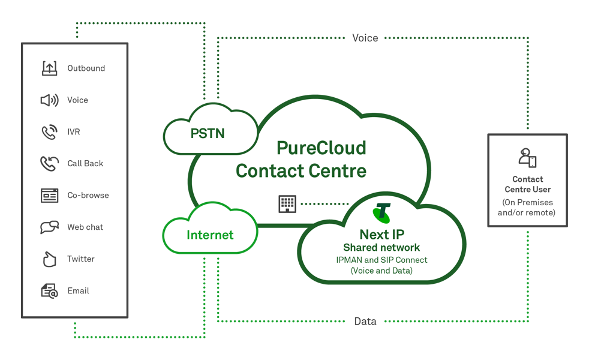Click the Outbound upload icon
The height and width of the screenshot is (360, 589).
pyautogui.click(x=49, y=68)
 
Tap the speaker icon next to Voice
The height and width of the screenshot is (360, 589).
pyautogui.click(x=49, y=100)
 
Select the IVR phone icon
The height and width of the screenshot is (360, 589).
pyautogui.click(x=49, y=132)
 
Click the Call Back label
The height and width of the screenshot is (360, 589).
pyautogui.click(x=85, y=164)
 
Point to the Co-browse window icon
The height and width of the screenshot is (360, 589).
pyautogui.click(x=49, y=196)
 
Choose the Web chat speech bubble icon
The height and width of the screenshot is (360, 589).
pyautogui.click(x=49, y=227)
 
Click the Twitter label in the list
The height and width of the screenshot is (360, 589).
pyautogui.click(x=81, y=259)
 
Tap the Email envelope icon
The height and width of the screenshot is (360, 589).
pyautogui.click(x=49, y=291)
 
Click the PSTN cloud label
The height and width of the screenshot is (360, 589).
pyautogui.click(x=208, y=133)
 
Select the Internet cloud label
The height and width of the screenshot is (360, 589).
pyautogui.click(x=210, y=235)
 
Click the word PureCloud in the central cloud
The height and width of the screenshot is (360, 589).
pyautogui.click(x=321, y=148)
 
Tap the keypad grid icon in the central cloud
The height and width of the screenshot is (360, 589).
pyautogui.click(x=287, y=204)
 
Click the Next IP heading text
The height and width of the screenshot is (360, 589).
pyautogui.click(x=381, y=235)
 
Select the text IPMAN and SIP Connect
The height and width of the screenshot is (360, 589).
pyautogui.click(x=381, y=260)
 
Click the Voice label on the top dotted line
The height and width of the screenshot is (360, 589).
pyautogui.click(x=365, y=38)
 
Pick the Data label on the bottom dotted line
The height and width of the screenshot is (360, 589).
pyautogui.click(x=365, y=322)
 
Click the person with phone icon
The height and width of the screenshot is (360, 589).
pyautogui.click(x=527, y=158)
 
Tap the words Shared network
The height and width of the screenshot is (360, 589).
pyautogui.click(x=381, y=248)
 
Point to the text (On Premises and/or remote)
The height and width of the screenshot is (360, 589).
pyautogui.click(x=527, y=208)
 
